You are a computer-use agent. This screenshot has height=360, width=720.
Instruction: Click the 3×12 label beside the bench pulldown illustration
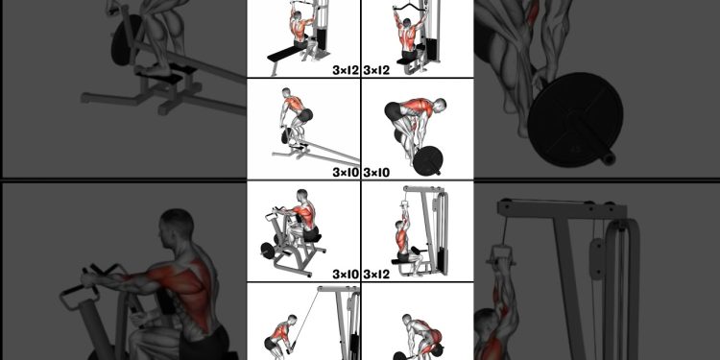pos(345,70)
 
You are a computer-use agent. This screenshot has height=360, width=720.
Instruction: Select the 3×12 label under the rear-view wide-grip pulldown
pos(376,70)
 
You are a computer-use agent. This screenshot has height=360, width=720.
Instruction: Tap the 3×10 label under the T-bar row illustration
pos(345,173)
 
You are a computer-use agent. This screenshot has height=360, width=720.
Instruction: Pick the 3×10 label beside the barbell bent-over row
pos(376,173)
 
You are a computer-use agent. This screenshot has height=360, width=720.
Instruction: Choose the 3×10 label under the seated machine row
pos(345,275)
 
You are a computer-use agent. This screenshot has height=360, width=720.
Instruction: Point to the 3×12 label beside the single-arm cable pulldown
pos(376,275)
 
